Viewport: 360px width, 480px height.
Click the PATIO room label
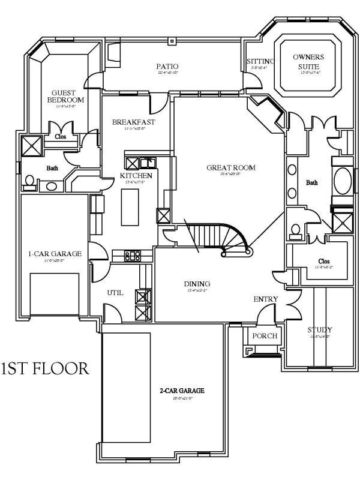(x=167, y=66)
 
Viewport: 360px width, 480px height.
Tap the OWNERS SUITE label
(x=308, y=61)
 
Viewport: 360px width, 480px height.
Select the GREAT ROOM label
(x=231, y=167)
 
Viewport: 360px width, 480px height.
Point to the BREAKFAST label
(x=134, y=122)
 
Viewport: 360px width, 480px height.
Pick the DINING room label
(x=196, y=284)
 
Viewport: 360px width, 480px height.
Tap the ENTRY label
(x=265, y=299)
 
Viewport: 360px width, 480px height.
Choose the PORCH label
(x=265, y=335)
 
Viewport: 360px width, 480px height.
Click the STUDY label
(x=319, y=330)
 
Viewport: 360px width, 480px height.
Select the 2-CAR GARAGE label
(x=182, y=391)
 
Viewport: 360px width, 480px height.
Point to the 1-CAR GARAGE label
(x=55, y=254)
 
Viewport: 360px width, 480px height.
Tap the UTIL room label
(x=115, y=293)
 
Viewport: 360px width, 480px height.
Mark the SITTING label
(x=260, y=61)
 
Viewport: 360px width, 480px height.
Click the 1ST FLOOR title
(x=46, y=368)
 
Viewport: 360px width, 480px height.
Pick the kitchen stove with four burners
(x=133, y=256)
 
